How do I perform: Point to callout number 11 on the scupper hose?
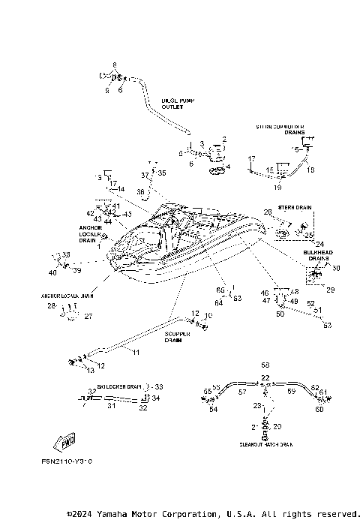136,351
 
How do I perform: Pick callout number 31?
110,406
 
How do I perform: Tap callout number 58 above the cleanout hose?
265,363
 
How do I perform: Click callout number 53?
327,325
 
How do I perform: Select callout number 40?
53,272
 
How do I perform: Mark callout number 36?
140,192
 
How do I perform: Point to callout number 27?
88,317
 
